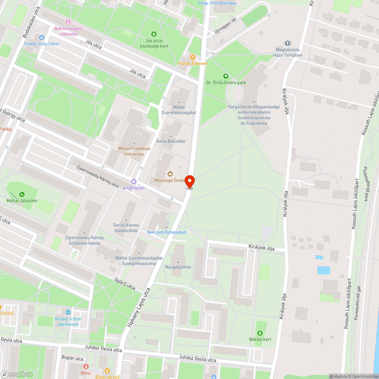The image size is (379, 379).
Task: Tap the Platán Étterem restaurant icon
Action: (193, 57)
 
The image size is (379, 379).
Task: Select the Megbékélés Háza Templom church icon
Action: (288, 43)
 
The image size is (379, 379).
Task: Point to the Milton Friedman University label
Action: (134, 151)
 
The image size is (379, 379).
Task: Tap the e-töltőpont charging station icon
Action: (133, 182)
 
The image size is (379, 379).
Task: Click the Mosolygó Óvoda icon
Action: (170, 174)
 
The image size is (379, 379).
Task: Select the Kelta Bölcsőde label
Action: (171, 141)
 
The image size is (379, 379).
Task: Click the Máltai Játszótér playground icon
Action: (22, 194)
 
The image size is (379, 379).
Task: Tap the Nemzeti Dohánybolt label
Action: (167, 232)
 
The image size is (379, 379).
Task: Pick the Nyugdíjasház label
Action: (178, 267)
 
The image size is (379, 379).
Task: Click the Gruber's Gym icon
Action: (68, 312)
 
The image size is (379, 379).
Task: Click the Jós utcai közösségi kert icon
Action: (154, 34)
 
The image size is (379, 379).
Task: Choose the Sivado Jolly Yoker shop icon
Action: (42, 38)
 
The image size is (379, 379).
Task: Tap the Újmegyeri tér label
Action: (225, 27)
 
